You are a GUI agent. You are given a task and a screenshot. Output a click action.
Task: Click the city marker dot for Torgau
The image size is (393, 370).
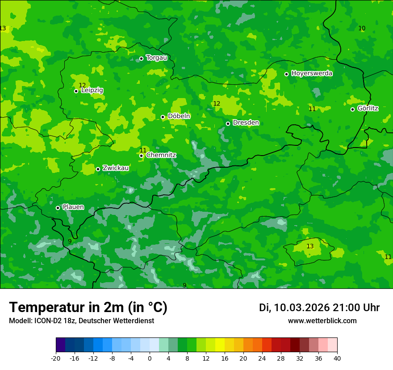coord(141,58)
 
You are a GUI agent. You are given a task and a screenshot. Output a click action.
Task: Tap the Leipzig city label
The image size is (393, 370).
coord(92,90)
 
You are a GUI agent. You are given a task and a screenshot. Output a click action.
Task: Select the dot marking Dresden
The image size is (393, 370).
coord(228,123)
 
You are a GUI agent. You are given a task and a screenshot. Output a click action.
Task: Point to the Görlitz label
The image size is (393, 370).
coord(368,108)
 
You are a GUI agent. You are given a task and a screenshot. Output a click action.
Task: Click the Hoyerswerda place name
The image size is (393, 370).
coord(312,74)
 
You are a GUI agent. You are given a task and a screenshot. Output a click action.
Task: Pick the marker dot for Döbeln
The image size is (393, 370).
coord(163,117)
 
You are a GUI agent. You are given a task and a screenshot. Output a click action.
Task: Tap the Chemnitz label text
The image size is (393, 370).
coord(161,155)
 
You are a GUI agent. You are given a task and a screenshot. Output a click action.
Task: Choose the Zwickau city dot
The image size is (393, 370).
coord(98,169)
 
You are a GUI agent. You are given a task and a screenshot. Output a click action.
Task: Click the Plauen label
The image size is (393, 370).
coord(73,207)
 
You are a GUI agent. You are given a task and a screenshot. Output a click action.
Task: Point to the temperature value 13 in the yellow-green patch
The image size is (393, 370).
coord(310,246)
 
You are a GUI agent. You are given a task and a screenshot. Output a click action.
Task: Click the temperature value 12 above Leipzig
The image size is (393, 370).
coord(82,85)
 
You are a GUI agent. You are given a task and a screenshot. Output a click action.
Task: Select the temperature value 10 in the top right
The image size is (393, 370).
coord(362,28)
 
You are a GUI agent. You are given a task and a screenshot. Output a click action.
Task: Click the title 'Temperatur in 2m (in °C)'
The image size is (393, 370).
coord(88,307)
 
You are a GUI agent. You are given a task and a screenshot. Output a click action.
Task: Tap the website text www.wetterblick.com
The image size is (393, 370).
coord(322,321)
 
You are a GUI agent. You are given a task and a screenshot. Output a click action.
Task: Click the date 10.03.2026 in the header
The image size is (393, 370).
coord(301,308)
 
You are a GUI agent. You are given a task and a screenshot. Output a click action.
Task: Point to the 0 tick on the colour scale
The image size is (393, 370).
coord(150,358)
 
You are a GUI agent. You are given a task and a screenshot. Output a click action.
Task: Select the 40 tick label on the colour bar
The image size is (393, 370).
coord(337,358)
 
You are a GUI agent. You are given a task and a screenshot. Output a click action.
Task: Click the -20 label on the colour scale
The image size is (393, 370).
coord(56,358)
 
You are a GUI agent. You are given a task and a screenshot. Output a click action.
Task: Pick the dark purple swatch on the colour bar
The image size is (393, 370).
coord(61,345)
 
